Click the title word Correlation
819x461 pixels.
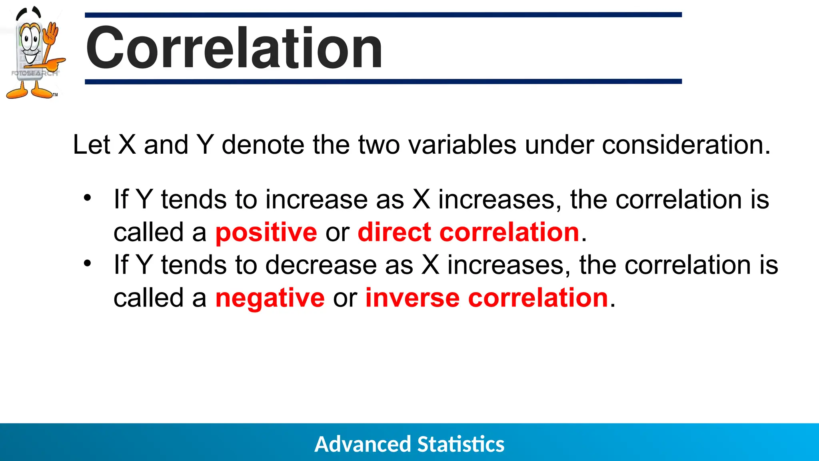234,48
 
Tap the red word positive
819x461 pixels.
266,233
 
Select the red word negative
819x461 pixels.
270,298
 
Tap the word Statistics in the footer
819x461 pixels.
461,444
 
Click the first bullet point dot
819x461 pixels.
88,198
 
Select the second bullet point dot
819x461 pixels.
88,263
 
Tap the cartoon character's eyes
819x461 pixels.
30,39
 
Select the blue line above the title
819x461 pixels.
383,15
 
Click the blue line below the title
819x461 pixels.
383,82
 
